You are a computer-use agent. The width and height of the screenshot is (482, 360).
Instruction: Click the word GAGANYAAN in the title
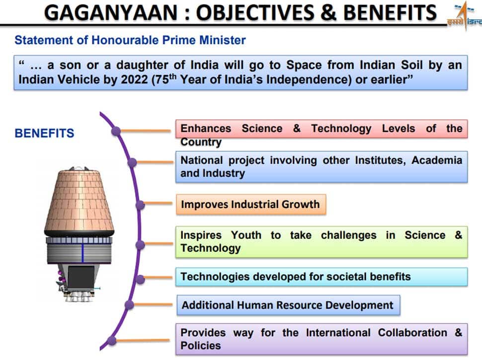(x=111, y=12)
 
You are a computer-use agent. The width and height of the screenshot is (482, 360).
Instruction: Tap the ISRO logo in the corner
(x=465, y=15)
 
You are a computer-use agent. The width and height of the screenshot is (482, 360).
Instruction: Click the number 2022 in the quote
(x=134, y=79)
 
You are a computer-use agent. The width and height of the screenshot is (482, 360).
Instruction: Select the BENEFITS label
(x=44, y=133)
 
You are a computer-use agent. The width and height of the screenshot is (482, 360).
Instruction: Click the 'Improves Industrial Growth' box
(x=251, y=204)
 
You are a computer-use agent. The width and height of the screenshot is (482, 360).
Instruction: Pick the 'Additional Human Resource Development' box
(x=288, y=305)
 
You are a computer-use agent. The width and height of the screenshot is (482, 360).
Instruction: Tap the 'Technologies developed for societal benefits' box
(x=321, y=277)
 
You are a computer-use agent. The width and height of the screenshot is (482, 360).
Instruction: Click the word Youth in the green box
(x=246, y=235)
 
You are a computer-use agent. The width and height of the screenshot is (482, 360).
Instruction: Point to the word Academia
(x=437, y=160)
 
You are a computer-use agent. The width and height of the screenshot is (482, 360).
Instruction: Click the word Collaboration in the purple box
(x=412, y=333)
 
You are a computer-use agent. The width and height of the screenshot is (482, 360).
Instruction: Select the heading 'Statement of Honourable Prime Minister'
(x=130, y=40)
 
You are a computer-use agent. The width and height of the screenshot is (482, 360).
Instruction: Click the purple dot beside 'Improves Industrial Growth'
(x=140, y=205)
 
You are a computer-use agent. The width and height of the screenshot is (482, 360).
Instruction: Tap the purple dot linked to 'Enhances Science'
(x=116, y=131)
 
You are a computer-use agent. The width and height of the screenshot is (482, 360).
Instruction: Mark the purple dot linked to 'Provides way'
(x=112, y=340)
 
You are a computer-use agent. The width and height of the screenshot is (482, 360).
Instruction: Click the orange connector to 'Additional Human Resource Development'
(x=153, y=305)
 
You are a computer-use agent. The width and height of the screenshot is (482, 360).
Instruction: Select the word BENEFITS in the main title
(x=390, y=12)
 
